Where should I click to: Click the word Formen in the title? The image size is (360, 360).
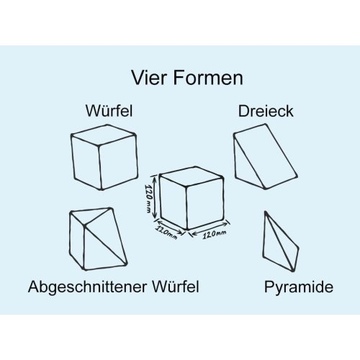pyautogui.click(x=208, y=78)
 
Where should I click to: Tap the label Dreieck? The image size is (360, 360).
pyautogui.click(x=266, y=111)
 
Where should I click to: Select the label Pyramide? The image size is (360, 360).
pyautogui.click(x=299, y=287)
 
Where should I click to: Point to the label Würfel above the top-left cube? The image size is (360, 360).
pyautogui.click(x=109, y=111)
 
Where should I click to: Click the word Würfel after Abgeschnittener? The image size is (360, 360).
pyautogui.click(x=176, y=287)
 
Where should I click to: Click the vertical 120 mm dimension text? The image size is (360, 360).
pyautogui.click(x=148, y=199)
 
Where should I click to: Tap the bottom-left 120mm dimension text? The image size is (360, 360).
pyautogui.click(x=166, y=232)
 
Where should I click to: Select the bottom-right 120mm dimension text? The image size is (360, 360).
pyautogui.click(x=215, y=235)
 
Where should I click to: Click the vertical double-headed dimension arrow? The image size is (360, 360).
pyautogui.click(x=155, y=197)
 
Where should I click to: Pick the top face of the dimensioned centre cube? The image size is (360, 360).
pyautogui.click(x=192, y=176)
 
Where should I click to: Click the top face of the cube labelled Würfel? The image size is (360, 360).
pyautogui.click(x=104, y=135)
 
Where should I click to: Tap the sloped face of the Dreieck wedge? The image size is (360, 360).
pyautogui.click(x=265, y=156)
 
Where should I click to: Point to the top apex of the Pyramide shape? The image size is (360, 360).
pyautogui.click(x=266, y=212)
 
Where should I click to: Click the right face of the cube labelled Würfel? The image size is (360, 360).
pyautogui.click(x=118, y=162)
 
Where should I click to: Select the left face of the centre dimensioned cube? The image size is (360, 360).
pyautogui.click(x=174, y=201)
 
